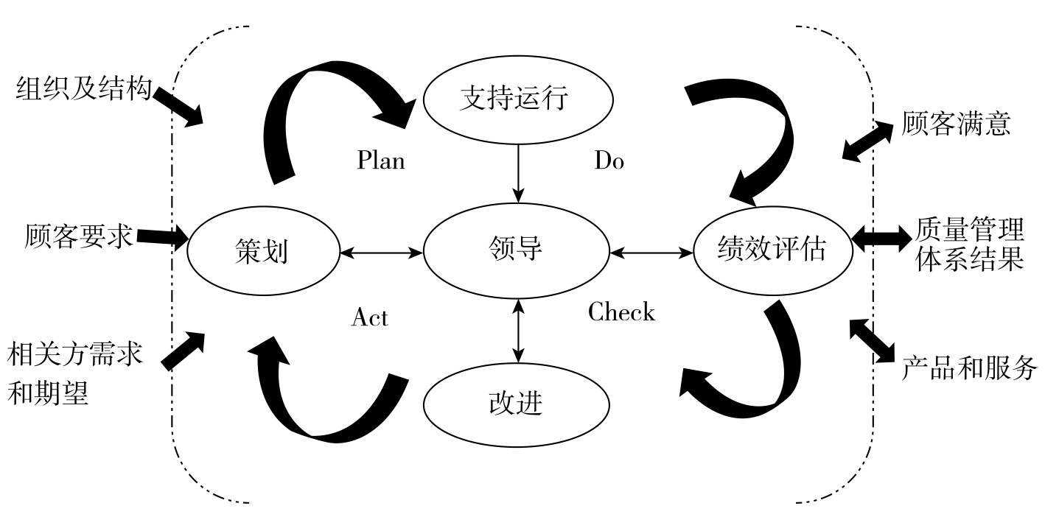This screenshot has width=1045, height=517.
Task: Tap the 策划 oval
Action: coord(263,251)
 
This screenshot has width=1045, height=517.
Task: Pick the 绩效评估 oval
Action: coord(772,251)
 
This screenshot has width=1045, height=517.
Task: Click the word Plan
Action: coord(381,161)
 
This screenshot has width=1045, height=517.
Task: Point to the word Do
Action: coord(609,161)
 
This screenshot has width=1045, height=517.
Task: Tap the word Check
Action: coord(621,312)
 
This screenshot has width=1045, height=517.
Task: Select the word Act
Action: coord(370,317)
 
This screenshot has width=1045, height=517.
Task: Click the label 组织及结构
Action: coord(83,90)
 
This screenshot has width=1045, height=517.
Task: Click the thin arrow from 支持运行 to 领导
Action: coord(519,172)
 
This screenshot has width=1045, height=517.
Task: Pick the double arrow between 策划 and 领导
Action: coord(381,253)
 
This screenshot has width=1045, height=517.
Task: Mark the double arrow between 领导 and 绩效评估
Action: coord(651,253)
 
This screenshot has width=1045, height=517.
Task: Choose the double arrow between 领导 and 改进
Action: coord(519,331)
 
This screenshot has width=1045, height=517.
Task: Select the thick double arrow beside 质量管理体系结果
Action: coord(881,236)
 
